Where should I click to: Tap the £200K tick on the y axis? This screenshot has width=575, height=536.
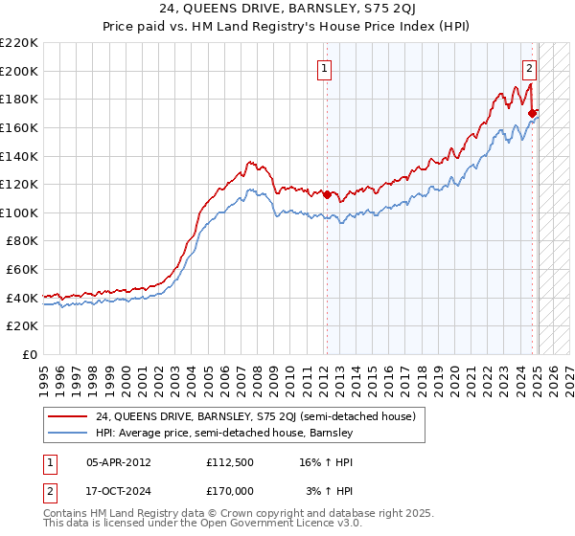(19, 71)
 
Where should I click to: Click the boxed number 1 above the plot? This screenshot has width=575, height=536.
(326, 68)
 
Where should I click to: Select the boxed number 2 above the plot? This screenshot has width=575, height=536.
(529, 68)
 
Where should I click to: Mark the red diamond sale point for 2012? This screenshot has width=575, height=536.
(326, 194)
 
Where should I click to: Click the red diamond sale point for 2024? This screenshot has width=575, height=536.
(532, 113)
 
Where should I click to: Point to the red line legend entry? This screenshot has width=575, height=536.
(254, 416)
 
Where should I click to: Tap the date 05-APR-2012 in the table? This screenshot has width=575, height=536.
(118, 461)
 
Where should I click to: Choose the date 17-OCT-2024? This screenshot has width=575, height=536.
(118, 490)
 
